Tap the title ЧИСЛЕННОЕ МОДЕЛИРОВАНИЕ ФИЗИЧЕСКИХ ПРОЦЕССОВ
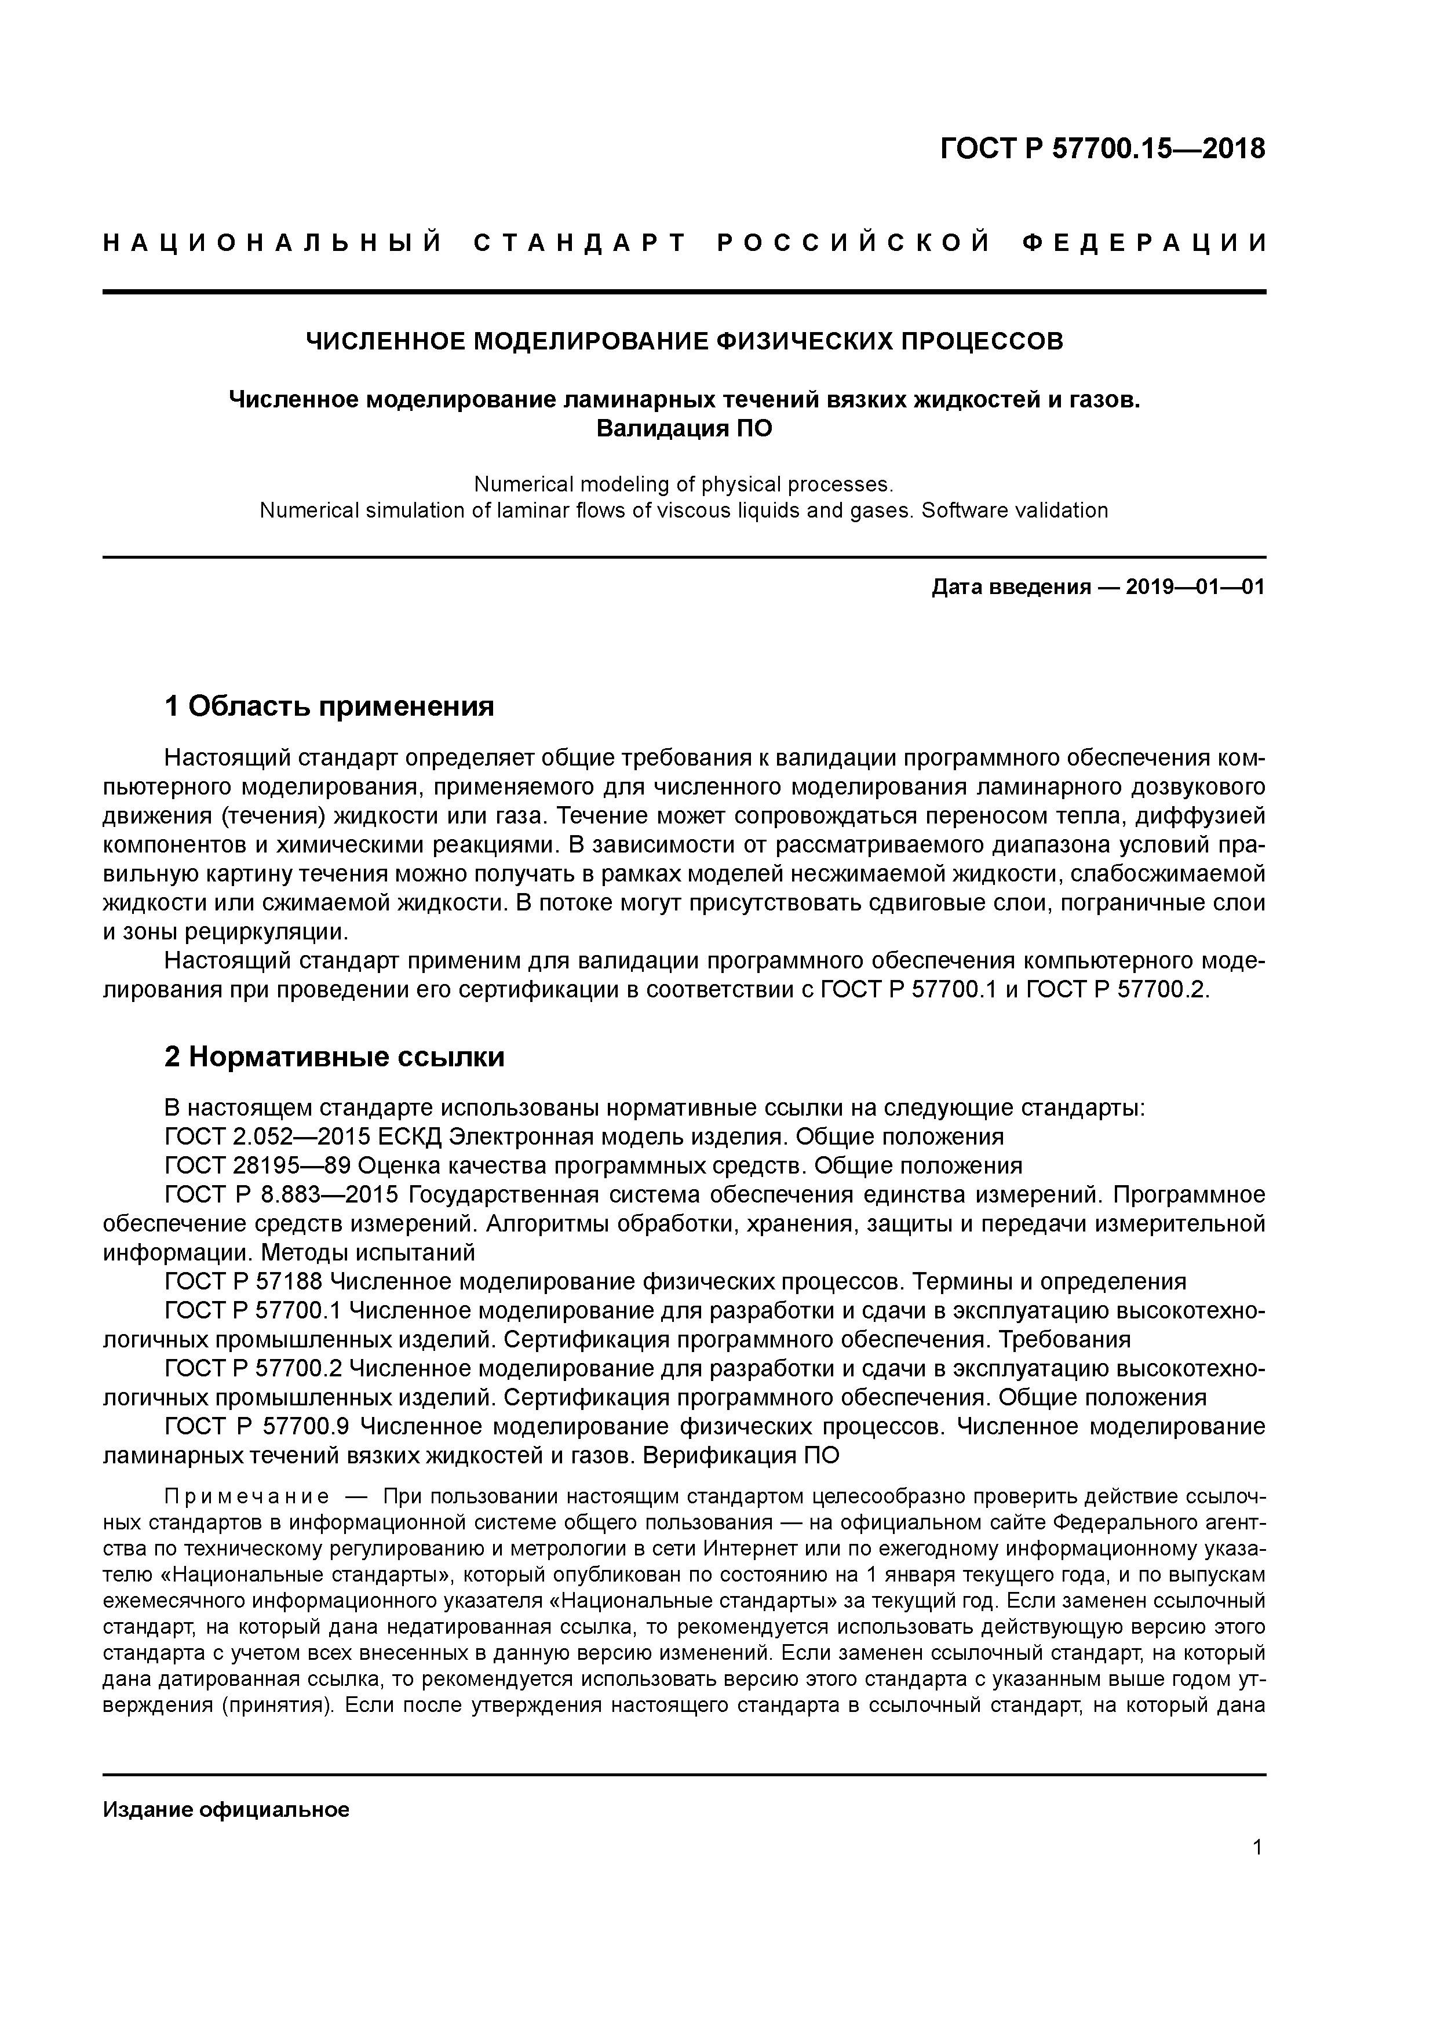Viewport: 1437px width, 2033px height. coord(684,341)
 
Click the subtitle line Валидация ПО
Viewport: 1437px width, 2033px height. coord(684,428)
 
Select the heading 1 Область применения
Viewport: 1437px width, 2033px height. coord(329,706)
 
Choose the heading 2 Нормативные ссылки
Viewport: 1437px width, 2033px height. coord(335,1057)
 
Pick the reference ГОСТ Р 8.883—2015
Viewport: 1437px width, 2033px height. coord(282,1196)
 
